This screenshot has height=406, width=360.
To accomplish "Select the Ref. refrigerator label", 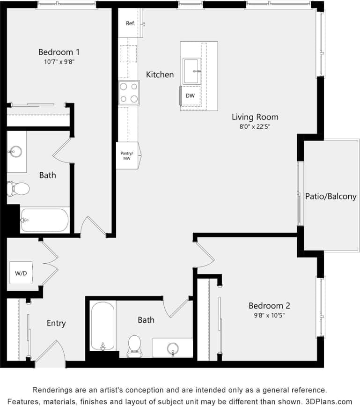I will [130, 23].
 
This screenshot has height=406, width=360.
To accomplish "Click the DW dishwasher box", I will [190, 96].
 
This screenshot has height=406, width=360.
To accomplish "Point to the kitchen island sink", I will [191, 71].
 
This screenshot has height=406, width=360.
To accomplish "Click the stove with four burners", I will [129, 92].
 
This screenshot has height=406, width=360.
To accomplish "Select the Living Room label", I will [255, 117].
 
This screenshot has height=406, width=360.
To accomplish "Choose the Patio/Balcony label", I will [331, 197].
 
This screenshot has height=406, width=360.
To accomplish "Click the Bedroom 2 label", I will [269, 306].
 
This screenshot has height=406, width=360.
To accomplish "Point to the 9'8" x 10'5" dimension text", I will [269, 315].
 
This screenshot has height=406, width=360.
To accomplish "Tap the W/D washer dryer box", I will [21, 273].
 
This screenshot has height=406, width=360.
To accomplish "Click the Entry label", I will [56, 323].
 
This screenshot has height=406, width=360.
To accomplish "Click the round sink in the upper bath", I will [16, 151].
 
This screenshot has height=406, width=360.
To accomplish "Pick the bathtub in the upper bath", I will [44, 220].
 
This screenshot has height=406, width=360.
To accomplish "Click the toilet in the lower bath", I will [134, 345].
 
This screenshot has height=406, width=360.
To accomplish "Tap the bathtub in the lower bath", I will [103, 326].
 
